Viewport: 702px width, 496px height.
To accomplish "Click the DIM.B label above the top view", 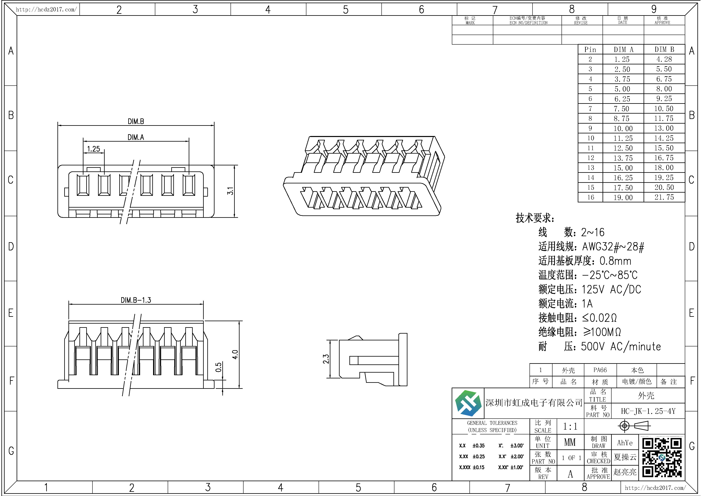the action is (x=136, y=121).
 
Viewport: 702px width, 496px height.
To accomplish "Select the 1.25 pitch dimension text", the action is (x=94, y=149).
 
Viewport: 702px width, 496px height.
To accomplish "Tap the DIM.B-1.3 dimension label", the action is (x=136, y=300).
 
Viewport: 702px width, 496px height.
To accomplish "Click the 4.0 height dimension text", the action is (x=235, y=355).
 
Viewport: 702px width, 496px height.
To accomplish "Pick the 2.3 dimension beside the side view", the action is (x=326, y=359).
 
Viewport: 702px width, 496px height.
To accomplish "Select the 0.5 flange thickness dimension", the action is (x=218, y=367).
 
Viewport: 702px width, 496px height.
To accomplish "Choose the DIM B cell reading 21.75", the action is (x=664, y=197).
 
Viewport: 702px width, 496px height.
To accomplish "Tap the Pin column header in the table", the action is (x=590, y=50).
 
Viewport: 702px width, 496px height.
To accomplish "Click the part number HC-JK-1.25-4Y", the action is (x=648, y=411).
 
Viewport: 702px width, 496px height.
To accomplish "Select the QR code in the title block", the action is (x=662, y=457).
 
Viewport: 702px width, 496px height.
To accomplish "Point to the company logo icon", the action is (x=468, y=403).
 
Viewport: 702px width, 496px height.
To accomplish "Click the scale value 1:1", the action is (x=570, y=426).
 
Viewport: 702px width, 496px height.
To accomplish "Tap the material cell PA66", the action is (x=600, y=370).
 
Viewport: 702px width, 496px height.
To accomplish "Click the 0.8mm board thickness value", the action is (x=615, y=261).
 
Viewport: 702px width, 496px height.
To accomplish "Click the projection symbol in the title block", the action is (x=634, y=426).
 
